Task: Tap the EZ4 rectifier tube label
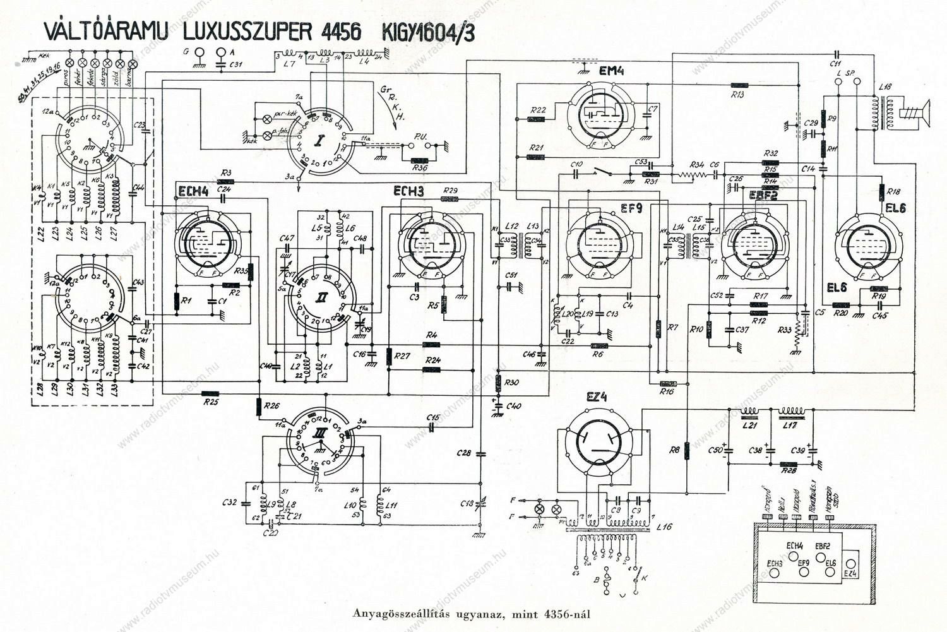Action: pyautogui.click(x=596, y=397)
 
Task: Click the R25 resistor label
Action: pyautogui.click(x=211, y=402)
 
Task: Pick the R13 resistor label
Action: pyautogui.click(x=737, y=94)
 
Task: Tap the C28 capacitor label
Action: pyautogui.click(x=464, y=453)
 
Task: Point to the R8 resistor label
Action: pyautogui.click(x=674, y=450)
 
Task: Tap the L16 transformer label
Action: pyautogui.click(x=664, y=526)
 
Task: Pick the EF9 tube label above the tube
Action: pyautogui.click(x=630, y=208)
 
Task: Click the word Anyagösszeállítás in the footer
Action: pyautogui.click(x=395, y=613)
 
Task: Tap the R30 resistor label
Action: pyautogui.click(x=512, y=383)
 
